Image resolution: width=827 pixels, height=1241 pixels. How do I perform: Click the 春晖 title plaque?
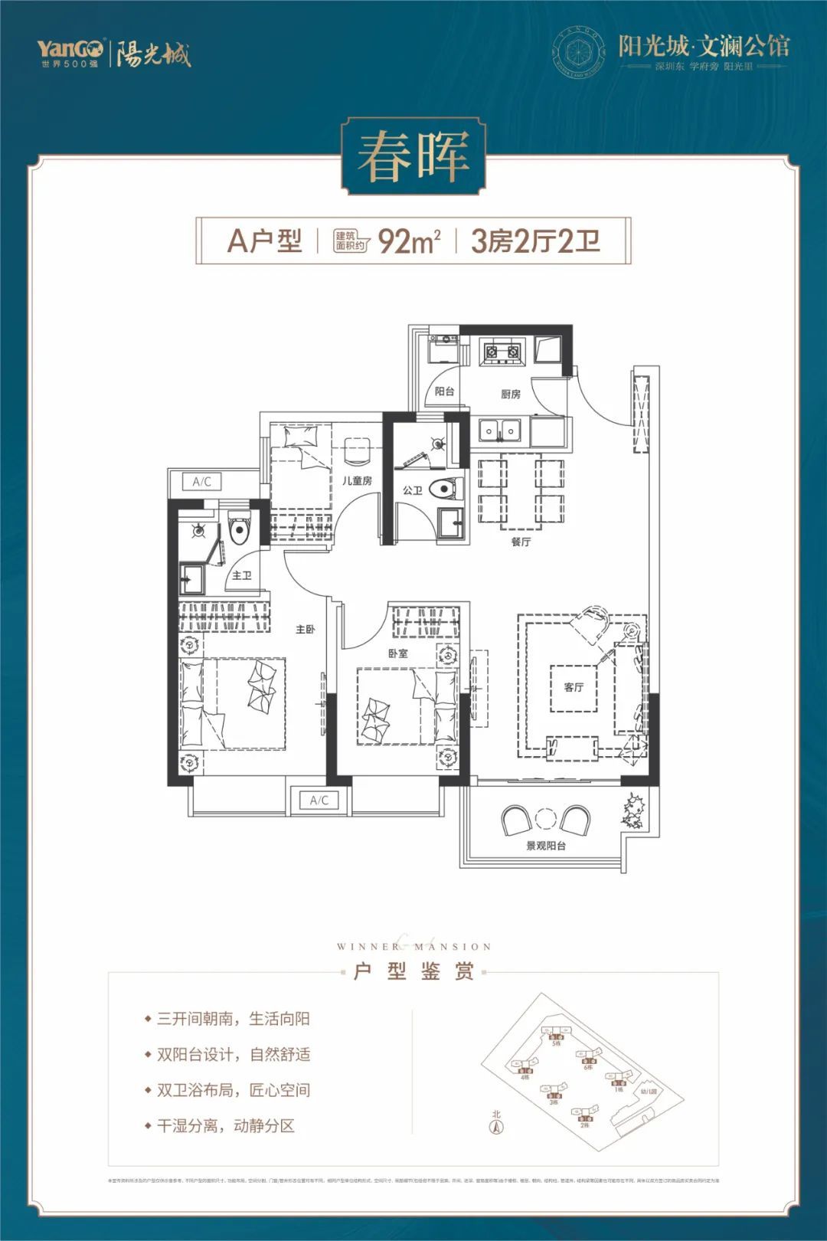pos(413,156)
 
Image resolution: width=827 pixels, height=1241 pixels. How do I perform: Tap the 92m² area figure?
pos(409,241)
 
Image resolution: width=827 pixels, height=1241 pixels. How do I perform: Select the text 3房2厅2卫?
pos(535,241)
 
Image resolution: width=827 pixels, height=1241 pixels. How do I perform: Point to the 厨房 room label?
pos(511,394)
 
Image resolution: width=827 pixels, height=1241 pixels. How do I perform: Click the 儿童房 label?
pos(357,480)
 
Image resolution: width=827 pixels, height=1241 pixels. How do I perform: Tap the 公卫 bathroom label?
pos(412,490)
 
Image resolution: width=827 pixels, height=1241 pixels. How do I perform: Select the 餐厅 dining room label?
pos(521,542)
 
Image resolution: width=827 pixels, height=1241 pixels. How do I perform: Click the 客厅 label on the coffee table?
pos(574,687)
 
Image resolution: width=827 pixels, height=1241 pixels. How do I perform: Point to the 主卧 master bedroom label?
pos(305,629)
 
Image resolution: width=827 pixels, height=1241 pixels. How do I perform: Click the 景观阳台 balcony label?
pos(546,846)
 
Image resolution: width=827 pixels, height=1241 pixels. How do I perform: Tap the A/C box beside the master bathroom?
pos(202,482)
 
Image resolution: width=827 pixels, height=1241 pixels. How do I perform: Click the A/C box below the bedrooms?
pos(319,801)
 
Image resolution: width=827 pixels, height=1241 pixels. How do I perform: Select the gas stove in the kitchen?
pos(502,352)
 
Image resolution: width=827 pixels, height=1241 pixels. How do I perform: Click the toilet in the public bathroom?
pos(446,488)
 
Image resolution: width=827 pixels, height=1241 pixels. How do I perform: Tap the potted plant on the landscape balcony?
pos(635,810)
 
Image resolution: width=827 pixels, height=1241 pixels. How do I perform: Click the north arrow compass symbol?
pos(495,1127)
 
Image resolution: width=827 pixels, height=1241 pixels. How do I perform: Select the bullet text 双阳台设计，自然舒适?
pos(234,1054)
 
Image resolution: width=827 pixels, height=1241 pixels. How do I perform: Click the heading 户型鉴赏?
pos(413,971)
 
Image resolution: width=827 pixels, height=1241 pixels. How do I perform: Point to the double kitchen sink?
pos(499,431)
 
